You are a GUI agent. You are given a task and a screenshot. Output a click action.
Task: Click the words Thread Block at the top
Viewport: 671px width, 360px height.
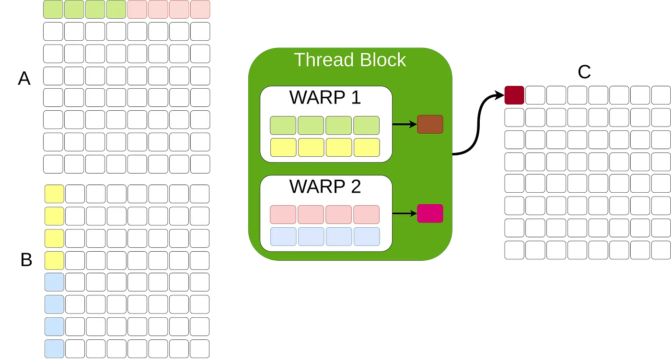(350, 60)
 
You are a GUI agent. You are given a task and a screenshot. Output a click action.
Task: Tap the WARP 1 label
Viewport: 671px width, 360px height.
(325, 97)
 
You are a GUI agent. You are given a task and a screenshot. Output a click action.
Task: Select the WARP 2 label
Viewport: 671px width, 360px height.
(325, 186)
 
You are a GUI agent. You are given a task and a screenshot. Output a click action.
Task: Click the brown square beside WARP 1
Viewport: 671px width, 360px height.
(430, 124)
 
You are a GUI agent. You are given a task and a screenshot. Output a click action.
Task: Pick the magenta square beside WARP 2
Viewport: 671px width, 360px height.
(430, 213)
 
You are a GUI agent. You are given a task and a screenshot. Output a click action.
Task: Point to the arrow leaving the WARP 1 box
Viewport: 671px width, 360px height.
(404, 125)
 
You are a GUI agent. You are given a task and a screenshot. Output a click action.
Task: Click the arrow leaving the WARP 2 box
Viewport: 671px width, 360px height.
(404, 214)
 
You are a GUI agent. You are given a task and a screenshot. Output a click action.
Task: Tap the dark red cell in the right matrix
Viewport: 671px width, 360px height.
(515, 95)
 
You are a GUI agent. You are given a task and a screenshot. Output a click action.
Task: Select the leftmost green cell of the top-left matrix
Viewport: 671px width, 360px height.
(53, 10)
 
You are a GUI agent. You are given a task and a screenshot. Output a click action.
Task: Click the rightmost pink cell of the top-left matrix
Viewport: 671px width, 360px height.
(200, 10)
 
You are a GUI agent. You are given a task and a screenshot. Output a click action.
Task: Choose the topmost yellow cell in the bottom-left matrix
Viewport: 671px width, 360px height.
(54, 194)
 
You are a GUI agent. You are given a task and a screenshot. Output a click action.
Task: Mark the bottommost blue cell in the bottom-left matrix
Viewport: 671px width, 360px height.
(54, 348)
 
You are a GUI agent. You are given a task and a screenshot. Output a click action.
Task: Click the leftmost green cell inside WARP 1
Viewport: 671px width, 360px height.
(283, 125)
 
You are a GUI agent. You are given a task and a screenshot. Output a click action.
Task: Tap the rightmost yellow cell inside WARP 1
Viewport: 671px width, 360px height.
(367, 147)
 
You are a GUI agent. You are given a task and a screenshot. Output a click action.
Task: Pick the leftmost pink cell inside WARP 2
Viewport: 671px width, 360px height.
(283, 214)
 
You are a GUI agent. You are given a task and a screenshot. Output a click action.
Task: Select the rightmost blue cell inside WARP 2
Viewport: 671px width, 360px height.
(367, 236)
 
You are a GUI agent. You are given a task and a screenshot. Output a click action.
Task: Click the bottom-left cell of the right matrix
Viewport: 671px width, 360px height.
(515, 250)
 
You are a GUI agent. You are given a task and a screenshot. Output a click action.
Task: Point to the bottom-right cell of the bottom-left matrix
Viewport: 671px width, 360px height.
(200, 348)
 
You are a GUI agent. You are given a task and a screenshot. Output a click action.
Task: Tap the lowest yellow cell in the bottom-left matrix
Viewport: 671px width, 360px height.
(54, 260)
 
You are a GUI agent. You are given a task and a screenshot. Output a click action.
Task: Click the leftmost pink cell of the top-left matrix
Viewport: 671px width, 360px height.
(138, 10)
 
